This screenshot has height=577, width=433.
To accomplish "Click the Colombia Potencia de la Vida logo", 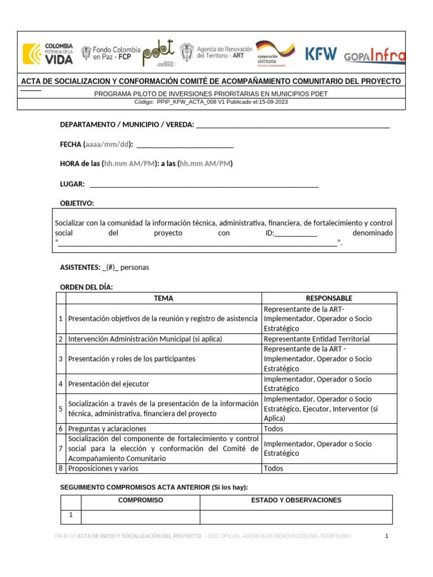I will pos(48,54).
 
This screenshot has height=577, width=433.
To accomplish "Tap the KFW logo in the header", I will pos(321,54).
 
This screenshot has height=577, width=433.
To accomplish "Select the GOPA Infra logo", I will pos(374,55).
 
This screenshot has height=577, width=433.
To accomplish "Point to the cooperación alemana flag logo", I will pos(275,54).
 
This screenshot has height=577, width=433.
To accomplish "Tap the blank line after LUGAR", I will pos(204,184).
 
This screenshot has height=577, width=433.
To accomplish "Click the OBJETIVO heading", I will pos(77,203).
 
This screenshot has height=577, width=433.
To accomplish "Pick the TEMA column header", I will pos(164,298).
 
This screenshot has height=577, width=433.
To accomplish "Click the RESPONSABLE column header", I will pos(329,298).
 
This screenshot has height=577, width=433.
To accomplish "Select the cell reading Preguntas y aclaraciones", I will pos(107,429).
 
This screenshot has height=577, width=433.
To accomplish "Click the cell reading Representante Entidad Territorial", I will pos(317,339).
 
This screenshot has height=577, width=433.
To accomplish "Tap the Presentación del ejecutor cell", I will pos(109,384).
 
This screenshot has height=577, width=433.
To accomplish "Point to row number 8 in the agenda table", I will pos(60,468).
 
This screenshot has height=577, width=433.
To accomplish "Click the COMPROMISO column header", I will pos(140,500).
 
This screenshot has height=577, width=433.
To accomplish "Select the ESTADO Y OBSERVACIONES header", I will pos(296,500).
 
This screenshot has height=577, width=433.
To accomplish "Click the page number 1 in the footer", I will pos(387,536).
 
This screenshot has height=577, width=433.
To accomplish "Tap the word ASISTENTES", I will pos(80,268).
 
